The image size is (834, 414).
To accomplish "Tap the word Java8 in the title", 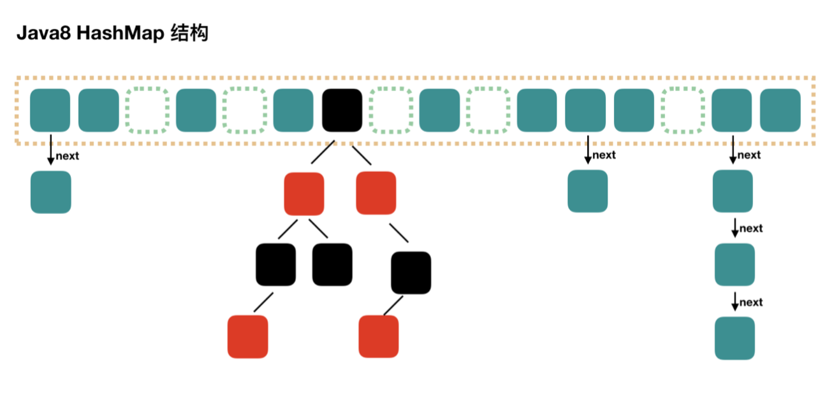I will click(43, 34).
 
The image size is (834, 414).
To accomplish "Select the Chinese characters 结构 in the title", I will click(191, 33).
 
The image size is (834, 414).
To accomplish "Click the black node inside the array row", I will click(342, 110).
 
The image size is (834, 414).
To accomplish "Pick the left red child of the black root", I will click(304, 193).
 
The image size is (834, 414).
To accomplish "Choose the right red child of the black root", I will click(376, 192).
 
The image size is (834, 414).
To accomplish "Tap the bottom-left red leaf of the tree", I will click(248, 336).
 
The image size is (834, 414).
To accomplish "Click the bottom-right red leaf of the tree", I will click(379, 336).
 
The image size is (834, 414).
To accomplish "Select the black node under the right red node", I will click(411, 273).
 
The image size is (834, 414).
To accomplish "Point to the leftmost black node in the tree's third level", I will click(276, 264).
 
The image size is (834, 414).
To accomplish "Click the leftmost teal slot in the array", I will click(50, 110).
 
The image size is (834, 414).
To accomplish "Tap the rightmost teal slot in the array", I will click(780, 110).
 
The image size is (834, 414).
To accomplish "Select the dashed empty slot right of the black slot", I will click(391, 110).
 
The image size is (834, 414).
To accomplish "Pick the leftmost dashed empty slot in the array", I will click(147, 110).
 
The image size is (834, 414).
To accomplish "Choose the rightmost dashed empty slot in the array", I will click(683, 110).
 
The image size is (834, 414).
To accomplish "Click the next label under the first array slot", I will click(68, 156).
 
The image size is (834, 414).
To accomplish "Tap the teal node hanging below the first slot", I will click(51, 192).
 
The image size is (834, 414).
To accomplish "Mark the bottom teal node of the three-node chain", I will click(735, 338).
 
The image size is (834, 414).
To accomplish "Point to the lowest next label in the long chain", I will click(751, 302).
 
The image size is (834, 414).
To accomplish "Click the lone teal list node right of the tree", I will click(588, 190).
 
